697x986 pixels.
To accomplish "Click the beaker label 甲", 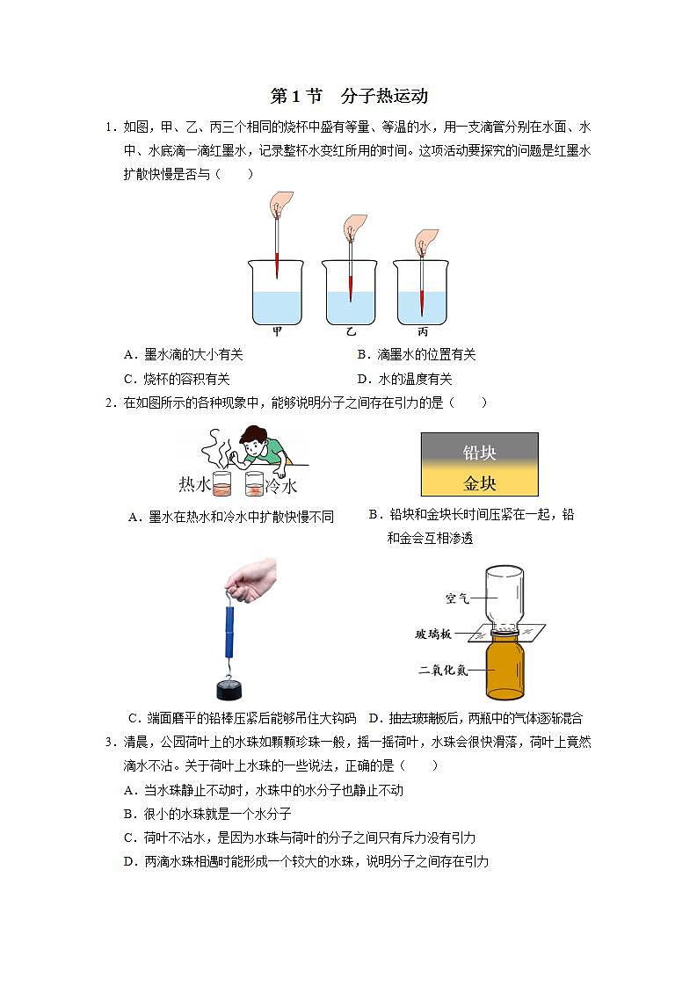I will (277, 332).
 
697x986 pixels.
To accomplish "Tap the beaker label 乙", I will (351, 332).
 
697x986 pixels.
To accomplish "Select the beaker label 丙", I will (422, 332).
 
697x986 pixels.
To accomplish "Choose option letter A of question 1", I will (131, 355).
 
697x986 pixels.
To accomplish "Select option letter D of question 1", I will (362, 380).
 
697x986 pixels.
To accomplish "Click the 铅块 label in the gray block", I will (480, 453).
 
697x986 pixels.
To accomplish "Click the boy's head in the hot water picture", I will (254, 439).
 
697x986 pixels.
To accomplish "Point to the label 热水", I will (193, 485).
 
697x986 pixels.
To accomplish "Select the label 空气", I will (457, 598).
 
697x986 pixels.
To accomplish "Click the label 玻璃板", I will (434, 634).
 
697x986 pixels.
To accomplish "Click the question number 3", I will (109, 743).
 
